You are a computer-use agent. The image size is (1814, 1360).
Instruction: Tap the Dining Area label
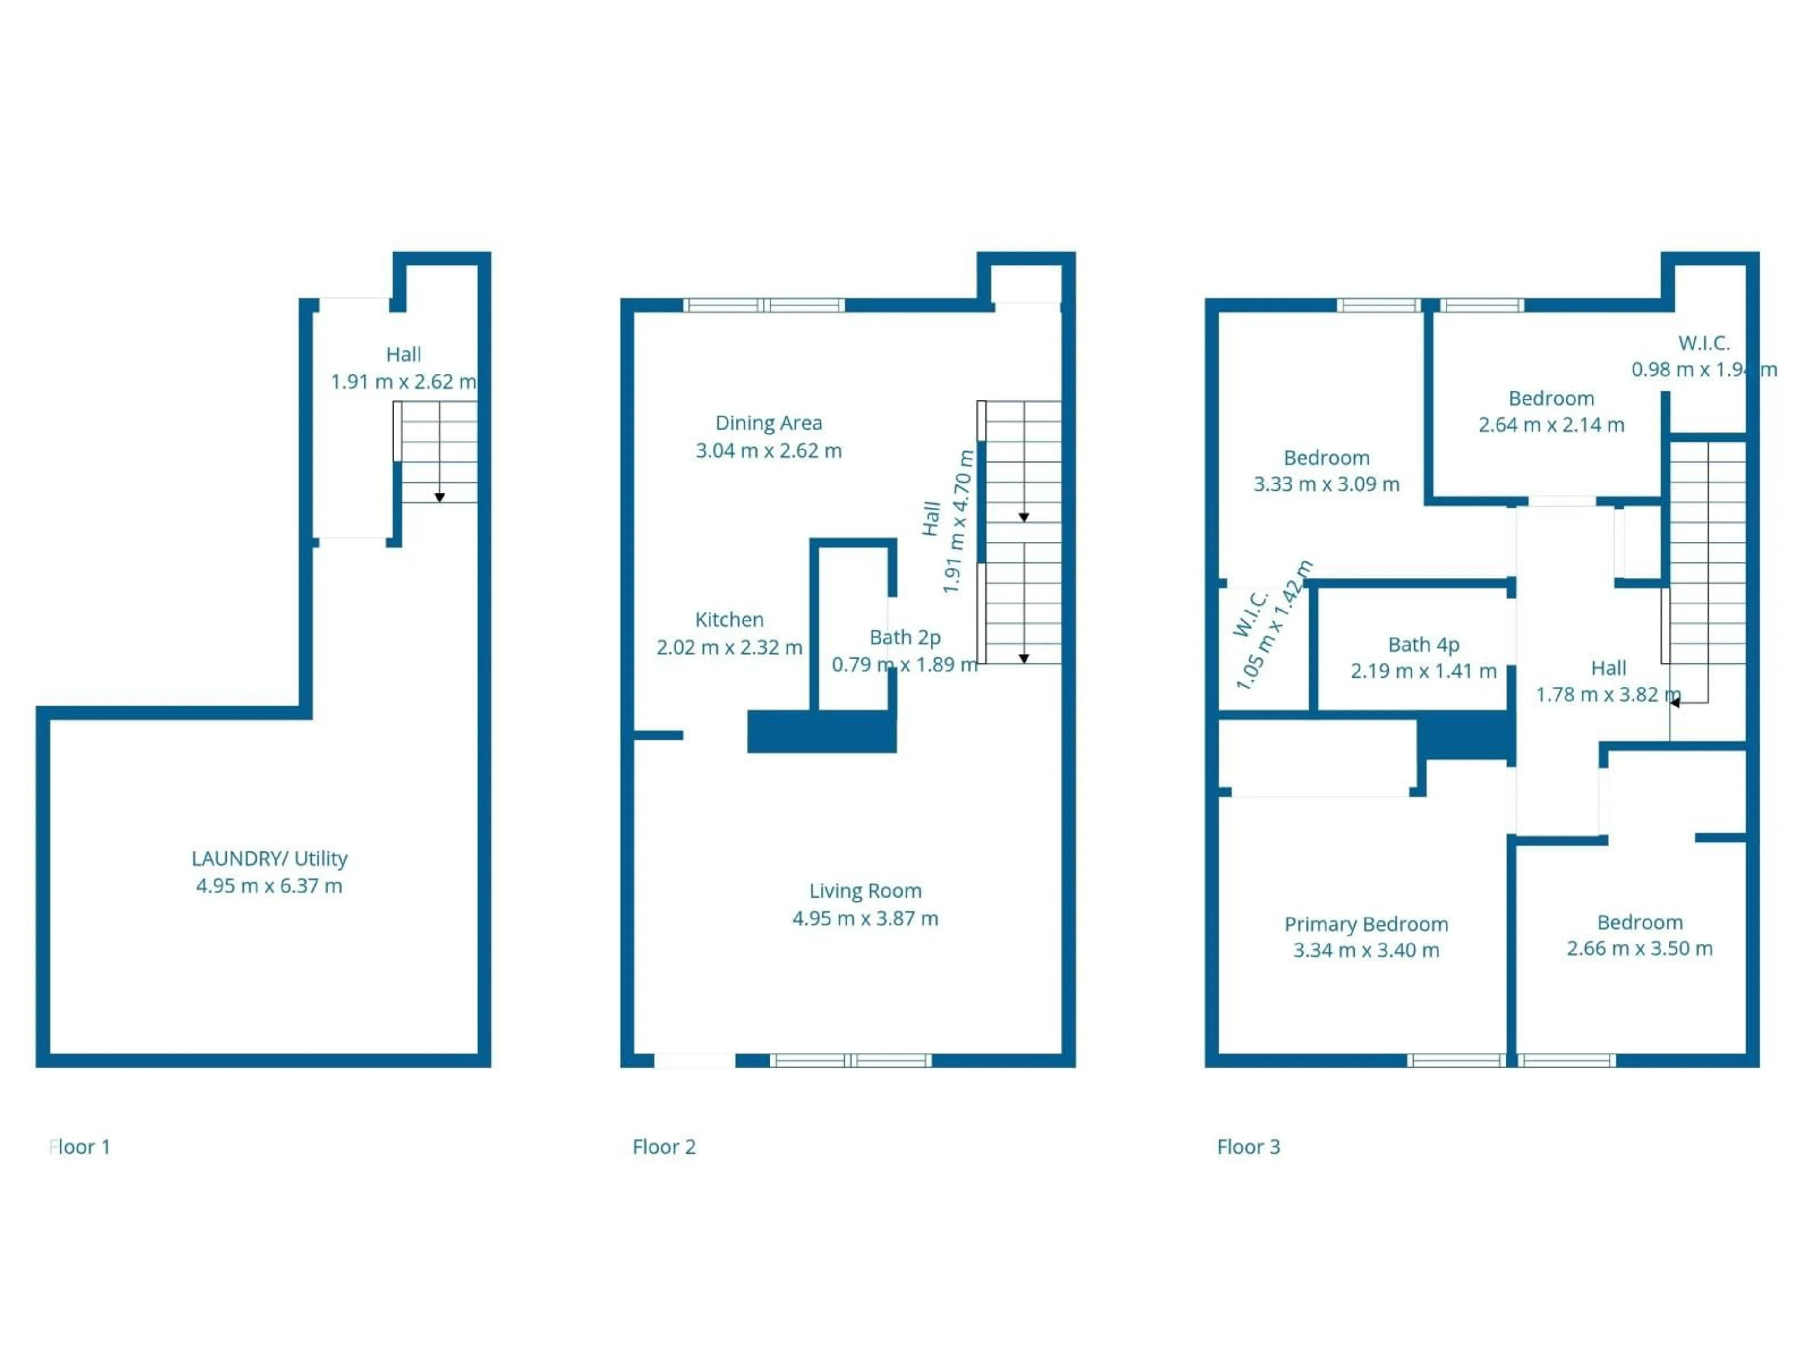(x=769, y=423)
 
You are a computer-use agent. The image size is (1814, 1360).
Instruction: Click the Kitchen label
(x=729, y=620)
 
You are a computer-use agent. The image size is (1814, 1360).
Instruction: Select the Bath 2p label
(x=905, y=637)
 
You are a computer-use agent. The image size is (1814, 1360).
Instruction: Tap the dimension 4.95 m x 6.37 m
(x=269, y=885)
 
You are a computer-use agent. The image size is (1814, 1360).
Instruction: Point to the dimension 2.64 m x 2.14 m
(x=1551, y=425)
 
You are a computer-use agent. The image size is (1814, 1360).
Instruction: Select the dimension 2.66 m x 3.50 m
(x=1639, y=949)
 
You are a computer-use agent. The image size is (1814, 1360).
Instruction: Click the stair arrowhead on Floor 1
(x=439, y=498)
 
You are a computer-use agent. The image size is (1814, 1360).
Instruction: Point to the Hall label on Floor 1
(x=403, y=354)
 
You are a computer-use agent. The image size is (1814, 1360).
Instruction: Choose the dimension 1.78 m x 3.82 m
(x=1608, y=694)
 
